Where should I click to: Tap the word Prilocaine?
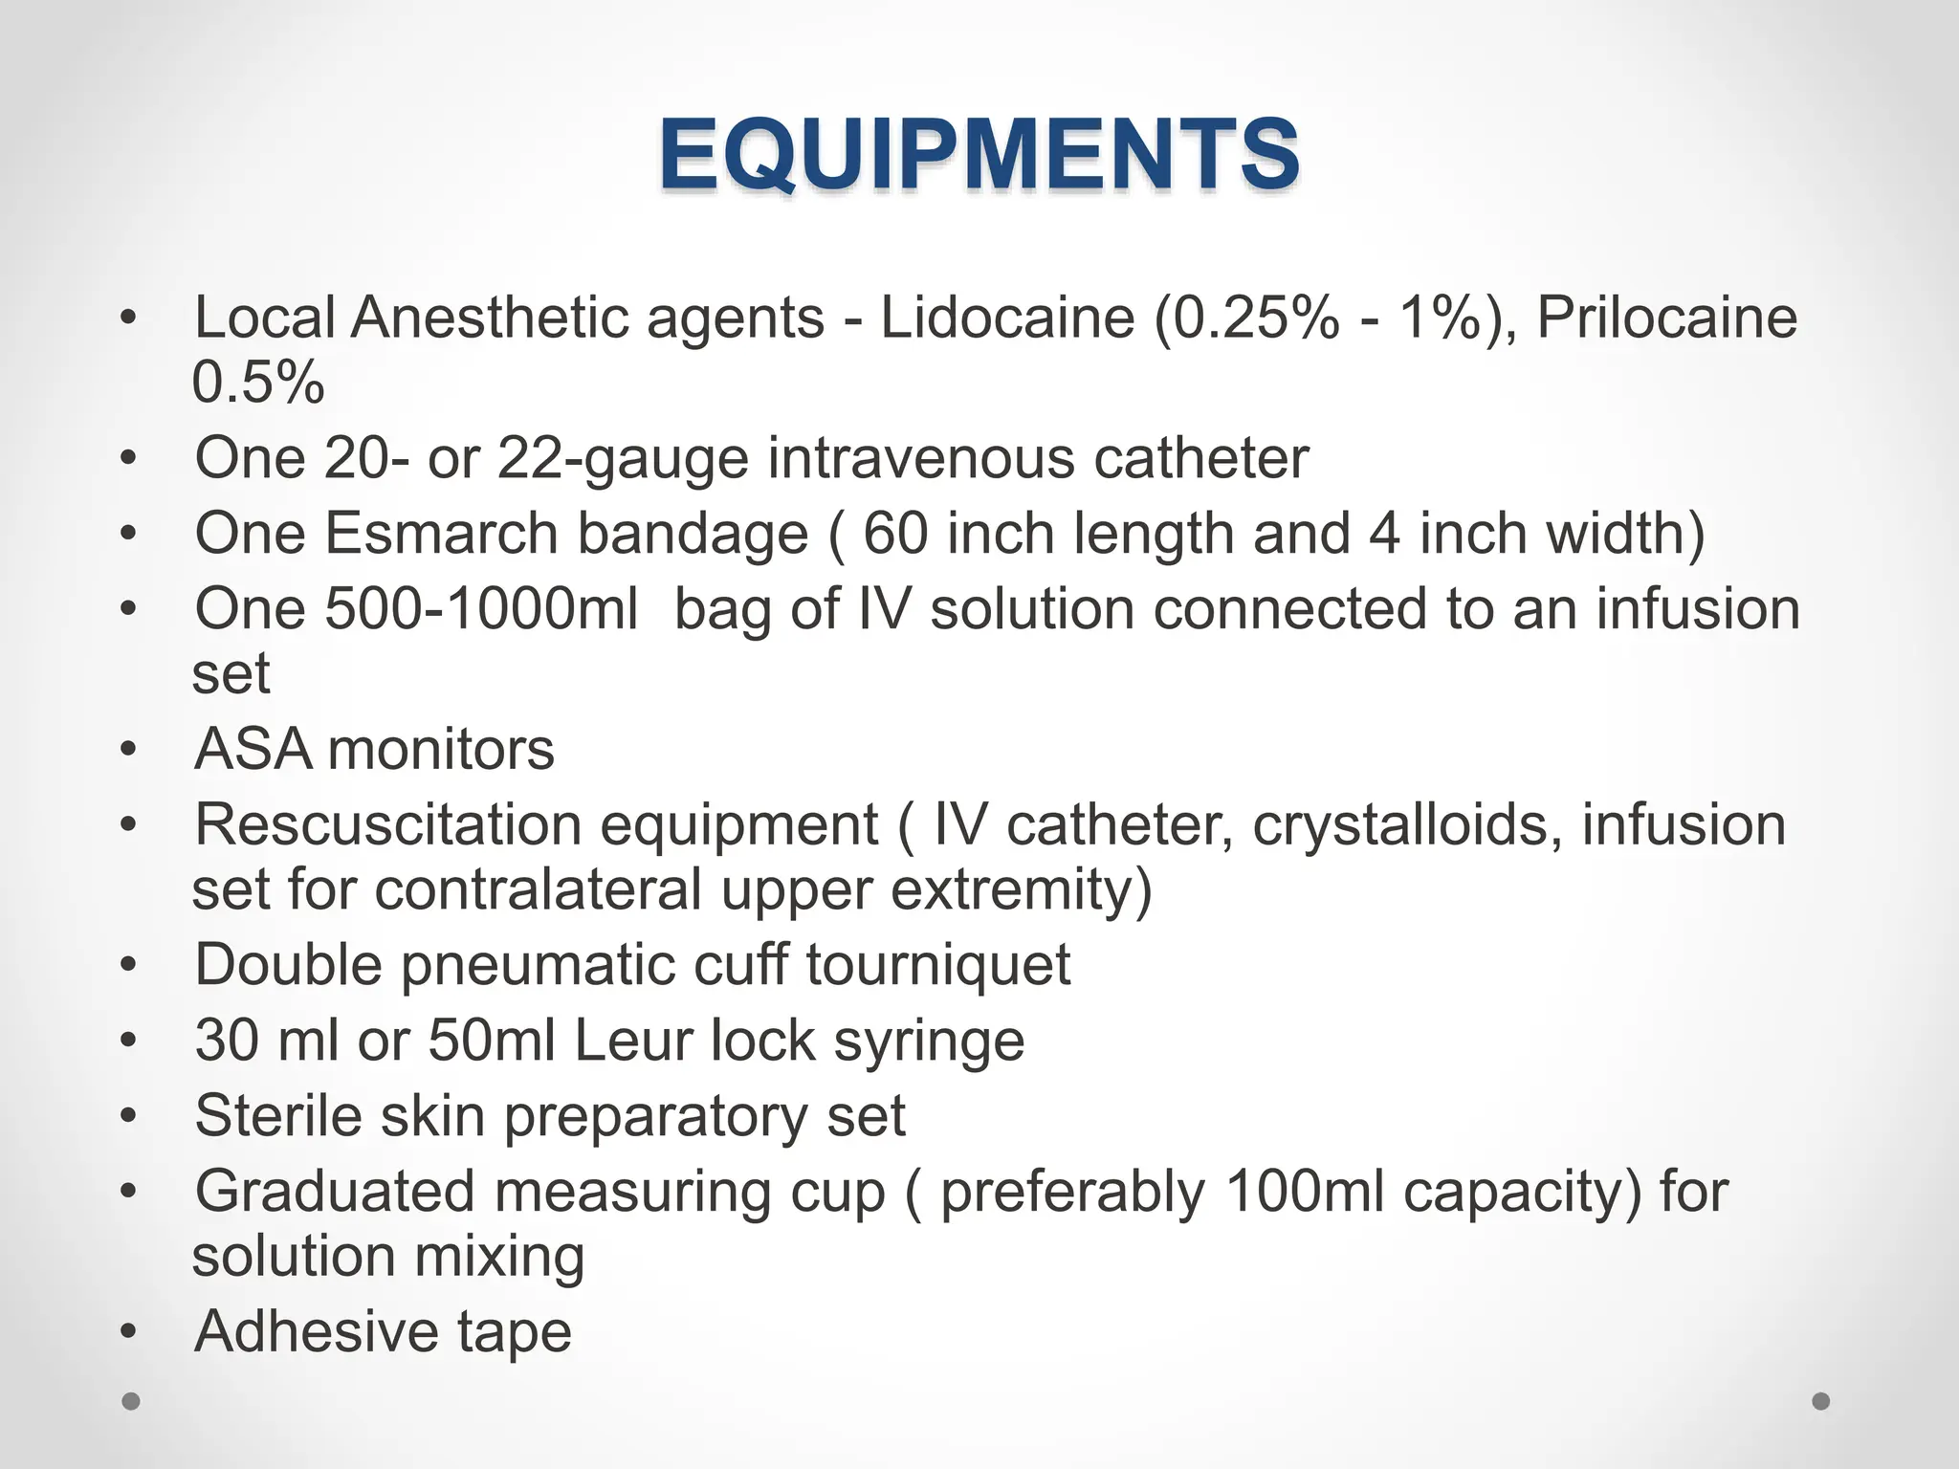tap(1666, 318)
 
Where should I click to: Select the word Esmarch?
tap(441, 533)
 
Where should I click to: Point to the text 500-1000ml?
tap(481, 608)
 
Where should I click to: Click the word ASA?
tap(253, 749)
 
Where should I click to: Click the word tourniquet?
tap(937, 964)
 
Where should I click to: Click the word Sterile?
tap(278, 1115)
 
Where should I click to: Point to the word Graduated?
tap(335, 1192)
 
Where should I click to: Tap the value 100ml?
tap(1304, 1192)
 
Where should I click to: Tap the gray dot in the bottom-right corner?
tap(1821, 1401)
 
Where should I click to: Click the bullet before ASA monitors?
tap(129, 750)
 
